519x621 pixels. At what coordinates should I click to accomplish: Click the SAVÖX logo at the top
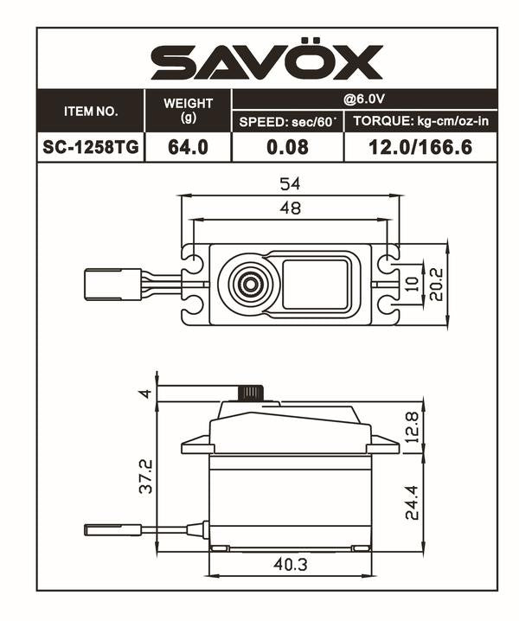tap(266, 62)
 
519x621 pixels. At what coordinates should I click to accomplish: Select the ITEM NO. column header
tap(90, 112)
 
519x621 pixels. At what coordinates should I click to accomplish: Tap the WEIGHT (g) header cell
tap(188, 110)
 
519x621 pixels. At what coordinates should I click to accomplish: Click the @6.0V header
tap(364, 99)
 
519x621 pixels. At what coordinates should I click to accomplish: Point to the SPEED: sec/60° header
tap(287, 122)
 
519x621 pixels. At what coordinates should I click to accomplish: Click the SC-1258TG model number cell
tap(90, 147)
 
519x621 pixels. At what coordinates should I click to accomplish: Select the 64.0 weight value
tap(188, 147)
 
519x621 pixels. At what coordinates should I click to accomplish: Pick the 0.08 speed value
tap(287, 147)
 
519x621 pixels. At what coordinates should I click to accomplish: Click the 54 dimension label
tap(290, 184)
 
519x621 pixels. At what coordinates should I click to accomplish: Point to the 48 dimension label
tap(290, 208)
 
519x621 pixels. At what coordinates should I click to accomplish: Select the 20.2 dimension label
tap(438, 284)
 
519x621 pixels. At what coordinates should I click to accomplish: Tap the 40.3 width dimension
tap(290, 564)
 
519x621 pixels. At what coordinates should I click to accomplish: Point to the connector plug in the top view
tap(112, 284)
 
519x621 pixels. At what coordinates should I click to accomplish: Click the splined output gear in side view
tap(250, 393)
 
